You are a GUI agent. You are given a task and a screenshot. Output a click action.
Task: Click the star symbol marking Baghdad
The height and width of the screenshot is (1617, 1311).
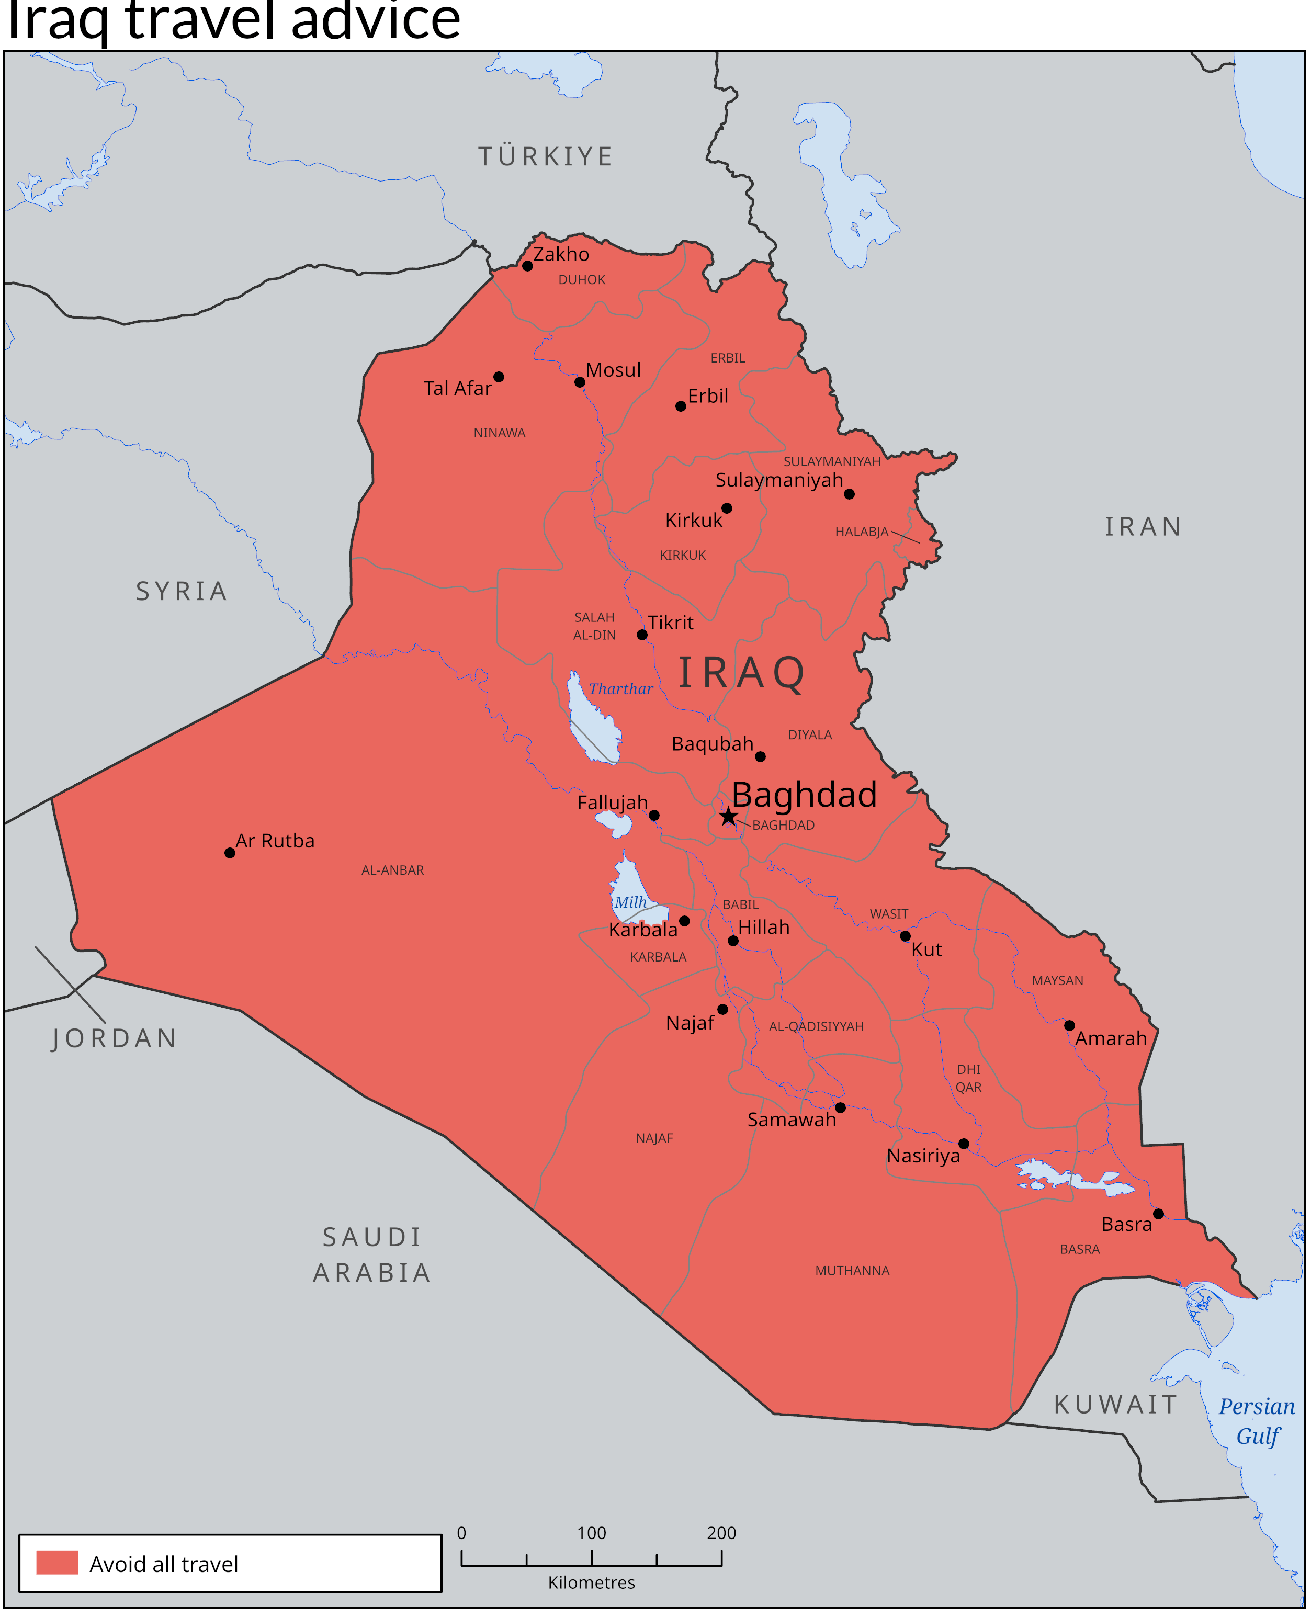[x=727, y=817]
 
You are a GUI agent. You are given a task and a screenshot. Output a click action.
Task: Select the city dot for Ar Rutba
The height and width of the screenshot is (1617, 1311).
[x=230, y=853]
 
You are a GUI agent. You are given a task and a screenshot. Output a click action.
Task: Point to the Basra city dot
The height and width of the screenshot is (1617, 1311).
[x=1158, y=1214]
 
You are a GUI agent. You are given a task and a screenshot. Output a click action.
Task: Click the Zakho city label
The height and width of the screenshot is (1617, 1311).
[x=561, y=255]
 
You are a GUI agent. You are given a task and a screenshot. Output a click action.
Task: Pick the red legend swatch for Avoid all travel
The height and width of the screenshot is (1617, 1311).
[x=58, y=1563]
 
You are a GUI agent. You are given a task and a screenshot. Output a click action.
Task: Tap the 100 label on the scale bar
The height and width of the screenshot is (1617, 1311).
[x=591, y=1533]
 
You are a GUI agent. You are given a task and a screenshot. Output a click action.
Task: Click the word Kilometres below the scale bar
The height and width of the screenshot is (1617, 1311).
[x=591, y=1582]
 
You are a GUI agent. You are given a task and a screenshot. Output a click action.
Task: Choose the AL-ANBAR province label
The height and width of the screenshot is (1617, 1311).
[x=393, y=870]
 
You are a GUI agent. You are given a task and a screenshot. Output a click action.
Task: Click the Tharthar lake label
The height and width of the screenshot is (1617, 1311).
[x=621, y=689]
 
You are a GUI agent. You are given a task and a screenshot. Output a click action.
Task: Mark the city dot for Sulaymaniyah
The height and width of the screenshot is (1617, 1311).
[x=849, y=494]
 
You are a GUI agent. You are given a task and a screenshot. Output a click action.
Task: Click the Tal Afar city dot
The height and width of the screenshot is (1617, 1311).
[x=499, y=377]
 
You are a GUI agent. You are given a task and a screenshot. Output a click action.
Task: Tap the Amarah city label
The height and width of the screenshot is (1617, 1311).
[x=1111, y=1038]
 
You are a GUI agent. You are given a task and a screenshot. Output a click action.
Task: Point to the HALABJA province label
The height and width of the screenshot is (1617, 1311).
[x=862, y=532]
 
